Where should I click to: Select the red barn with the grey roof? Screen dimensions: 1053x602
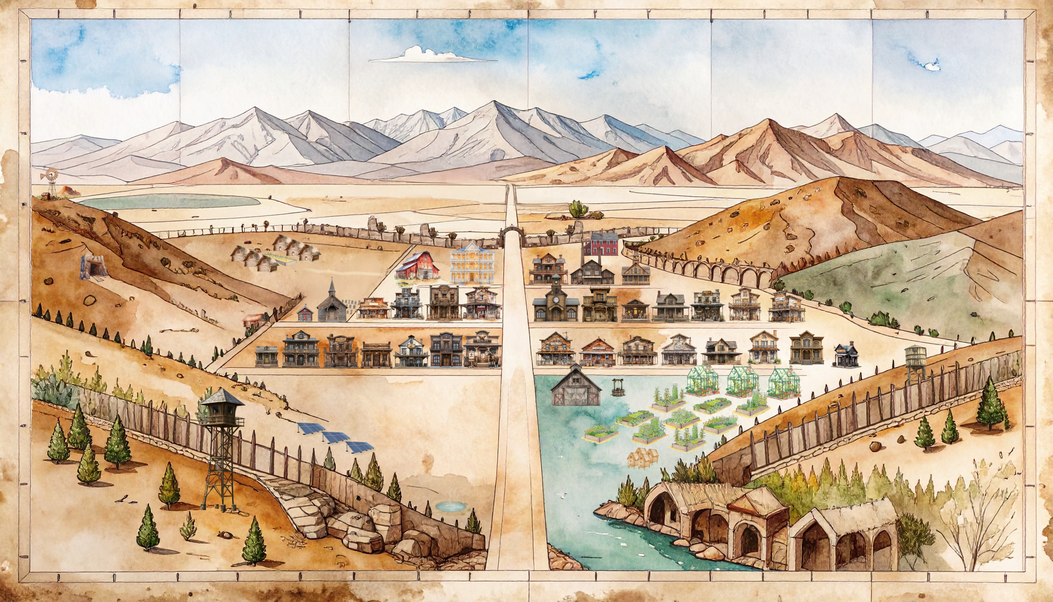pos(416,265)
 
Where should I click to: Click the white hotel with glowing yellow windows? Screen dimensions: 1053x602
pos(472,263)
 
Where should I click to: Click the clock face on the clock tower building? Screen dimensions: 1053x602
pos(556,299)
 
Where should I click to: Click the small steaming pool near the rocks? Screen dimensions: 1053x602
pos(450,506)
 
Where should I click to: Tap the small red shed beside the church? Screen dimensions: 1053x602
pos(306,313)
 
